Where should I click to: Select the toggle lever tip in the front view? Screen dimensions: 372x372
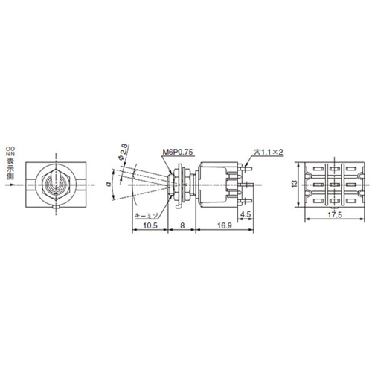pyautogui.click(x=56, y=181)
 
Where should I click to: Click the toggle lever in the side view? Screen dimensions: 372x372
pyautogui.click(x=146, y=177)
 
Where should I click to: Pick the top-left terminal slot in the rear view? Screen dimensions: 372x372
pyautogui.click(x=315, y=167)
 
